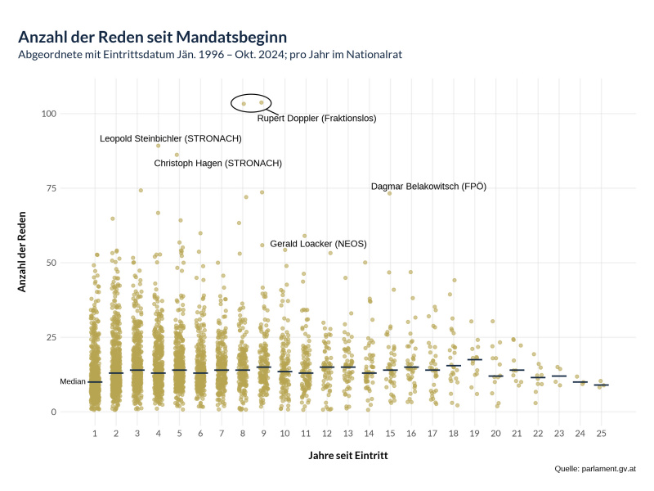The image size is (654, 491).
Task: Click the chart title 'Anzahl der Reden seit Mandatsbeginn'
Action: coord(152,38)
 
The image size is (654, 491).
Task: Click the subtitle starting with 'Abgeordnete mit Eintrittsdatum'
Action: coord(210,55)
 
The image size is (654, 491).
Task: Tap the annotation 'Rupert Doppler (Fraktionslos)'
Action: coord(316,119)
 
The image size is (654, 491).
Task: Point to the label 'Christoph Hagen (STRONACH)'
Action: coord(217,164)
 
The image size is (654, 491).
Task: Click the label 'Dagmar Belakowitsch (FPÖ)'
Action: coord(428,187)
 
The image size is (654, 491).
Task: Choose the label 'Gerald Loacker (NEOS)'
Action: coord(318,244)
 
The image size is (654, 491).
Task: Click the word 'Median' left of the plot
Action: coord(73,382)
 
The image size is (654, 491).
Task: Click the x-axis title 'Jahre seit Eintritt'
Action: coord(348,454)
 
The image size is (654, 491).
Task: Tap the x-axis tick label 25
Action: coord(601,432)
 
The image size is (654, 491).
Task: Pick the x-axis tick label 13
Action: coord(347,432)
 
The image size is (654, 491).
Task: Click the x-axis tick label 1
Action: coord(95,432)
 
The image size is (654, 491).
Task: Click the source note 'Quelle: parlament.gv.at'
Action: coord(595,469)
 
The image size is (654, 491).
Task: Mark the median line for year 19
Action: coord(474,359)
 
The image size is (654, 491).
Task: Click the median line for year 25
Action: coord(601,385)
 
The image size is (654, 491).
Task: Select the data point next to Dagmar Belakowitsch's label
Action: coord(389,193)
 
